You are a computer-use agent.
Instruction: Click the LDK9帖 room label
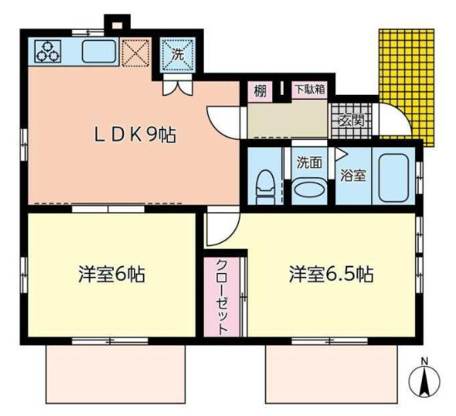click(133, 136)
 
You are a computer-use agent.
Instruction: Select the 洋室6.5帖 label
click(330, 274)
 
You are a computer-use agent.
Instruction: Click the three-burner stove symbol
click(48, 52)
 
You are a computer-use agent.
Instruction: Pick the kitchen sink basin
click(100, 52)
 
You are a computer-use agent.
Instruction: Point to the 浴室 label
click(353, 175)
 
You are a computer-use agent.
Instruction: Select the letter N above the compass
click(424, 360)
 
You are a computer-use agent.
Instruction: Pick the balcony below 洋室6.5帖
click(330, 374)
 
